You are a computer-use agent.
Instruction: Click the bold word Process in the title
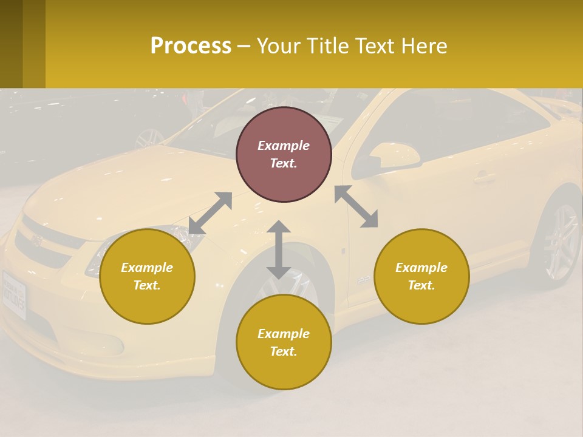tap(191, 46)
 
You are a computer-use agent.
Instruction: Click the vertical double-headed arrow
tap(279, 249)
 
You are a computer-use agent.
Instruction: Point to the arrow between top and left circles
tap(210, 213)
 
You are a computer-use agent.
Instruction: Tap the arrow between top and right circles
tap(356, 206)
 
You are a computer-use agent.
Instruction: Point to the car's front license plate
tap(13, 294)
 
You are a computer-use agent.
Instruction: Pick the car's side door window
tap(462, 130)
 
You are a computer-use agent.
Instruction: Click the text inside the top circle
tap(284, 154)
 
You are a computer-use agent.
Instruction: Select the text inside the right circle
tap(421, 276)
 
